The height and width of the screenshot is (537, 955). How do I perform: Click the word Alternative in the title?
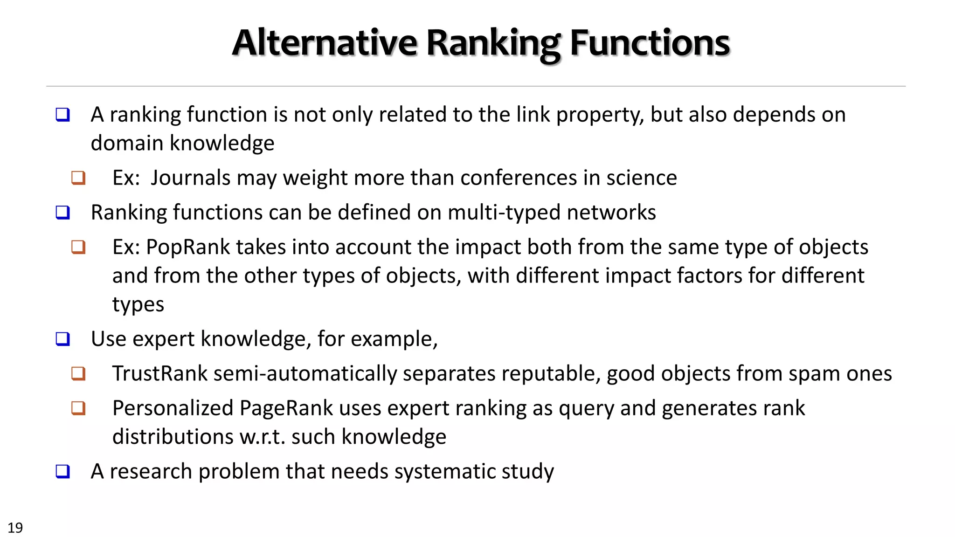325,43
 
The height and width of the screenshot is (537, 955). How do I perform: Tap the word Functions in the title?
650,43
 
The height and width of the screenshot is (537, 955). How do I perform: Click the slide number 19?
15,527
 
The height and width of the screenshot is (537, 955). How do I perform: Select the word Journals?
190,178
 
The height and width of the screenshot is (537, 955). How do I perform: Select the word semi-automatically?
305,373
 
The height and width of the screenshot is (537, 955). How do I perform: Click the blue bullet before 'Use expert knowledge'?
62,339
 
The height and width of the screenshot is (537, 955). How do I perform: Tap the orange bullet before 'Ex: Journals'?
78,178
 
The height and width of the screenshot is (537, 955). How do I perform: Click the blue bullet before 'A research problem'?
62,471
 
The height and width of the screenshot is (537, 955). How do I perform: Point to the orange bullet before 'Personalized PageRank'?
78,408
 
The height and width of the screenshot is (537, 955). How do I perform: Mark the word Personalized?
173,408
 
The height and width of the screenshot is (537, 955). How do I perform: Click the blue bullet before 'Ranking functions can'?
62,213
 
